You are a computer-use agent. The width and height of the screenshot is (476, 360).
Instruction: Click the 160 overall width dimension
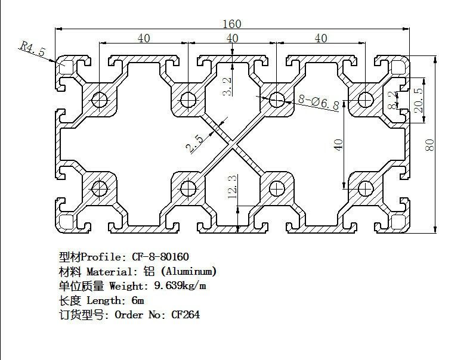point(233,24)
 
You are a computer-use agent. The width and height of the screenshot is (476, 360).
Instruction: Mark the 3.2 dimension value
point(226,86)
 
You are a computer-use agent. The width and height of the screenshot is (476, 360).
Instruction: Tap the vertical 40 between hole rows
point(338,144)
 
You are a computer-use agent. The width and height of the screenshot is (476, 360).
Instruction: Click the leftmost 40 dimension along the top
point(143,38)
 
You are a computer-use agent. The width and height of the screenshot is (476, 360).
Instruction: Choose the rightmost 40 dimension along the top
point(321,38)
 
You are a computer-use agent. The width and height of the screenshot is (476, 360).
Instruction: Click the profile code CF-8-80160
point(159,257)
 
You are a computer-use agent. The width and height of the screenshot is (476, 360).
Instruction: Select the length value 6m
point(138,300)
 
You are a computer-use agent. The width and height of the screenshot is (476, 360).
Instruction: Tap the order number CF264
point(186,314)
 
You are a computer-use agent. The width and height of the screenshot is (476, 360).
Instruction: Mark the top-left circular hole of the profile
point(100,99)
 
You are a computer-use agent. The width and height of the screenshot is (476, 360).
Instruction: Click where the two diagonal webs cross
point(232,144)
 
